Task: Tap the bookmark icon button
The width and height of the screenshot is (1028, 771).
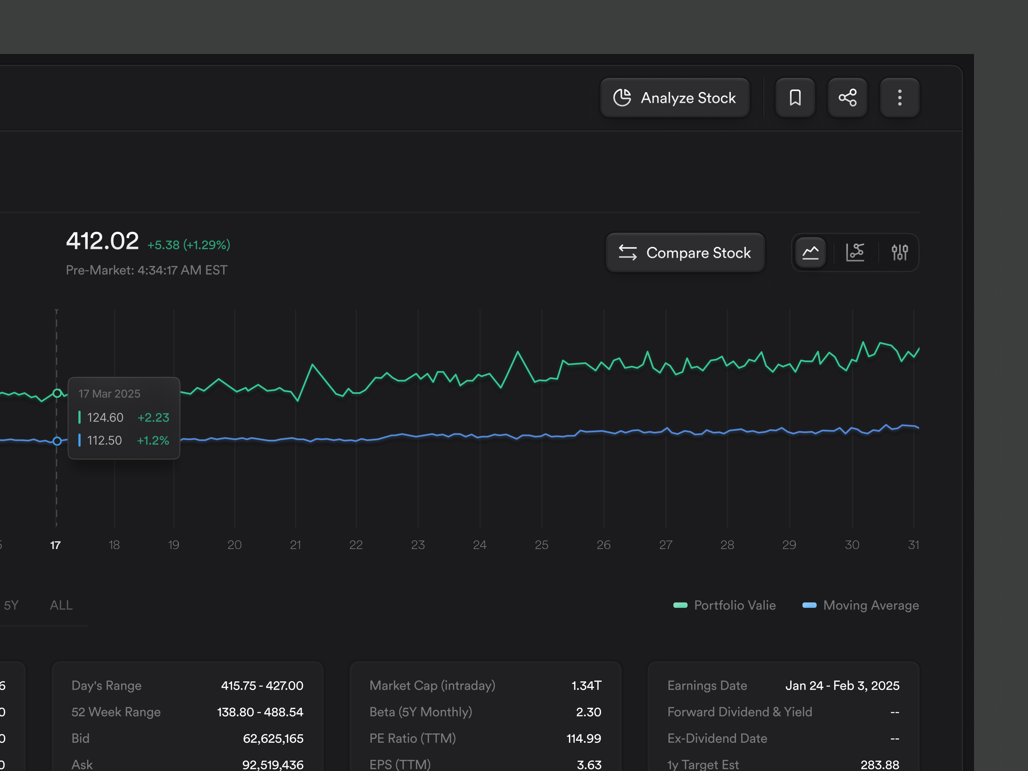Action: point(795,98)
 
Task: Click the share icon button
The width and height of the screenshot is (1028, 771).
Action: point(847,98)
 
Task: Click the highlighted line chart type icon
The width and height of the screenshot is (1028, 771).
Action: point(810,253)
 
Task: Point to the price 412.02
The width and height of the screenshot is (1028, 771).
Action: point(102,241)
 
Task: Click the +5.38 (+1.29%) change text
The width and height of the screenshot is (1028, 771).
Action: point(188,245)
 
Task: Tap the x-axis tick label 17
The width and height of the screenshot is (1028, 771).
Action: point(55,545)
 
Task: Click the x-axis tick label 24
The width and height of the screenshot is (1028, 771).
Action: point(479,545)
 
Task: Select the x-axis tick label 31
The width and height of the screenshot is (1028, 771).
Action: point(913,545)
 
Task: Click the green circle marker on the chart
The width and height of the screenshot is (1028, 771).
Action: point(57,393)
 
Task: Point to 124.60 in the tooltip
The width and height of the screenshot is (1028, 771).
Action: point(105,417)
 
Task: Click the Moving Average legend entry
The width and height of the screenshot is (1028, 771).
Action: point(861,605)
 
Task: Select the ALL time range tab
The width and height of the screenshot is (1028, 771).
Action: point(61,605)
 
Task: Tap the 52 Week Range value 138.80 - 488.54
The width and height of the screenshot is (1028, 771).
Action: point(260,712)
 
